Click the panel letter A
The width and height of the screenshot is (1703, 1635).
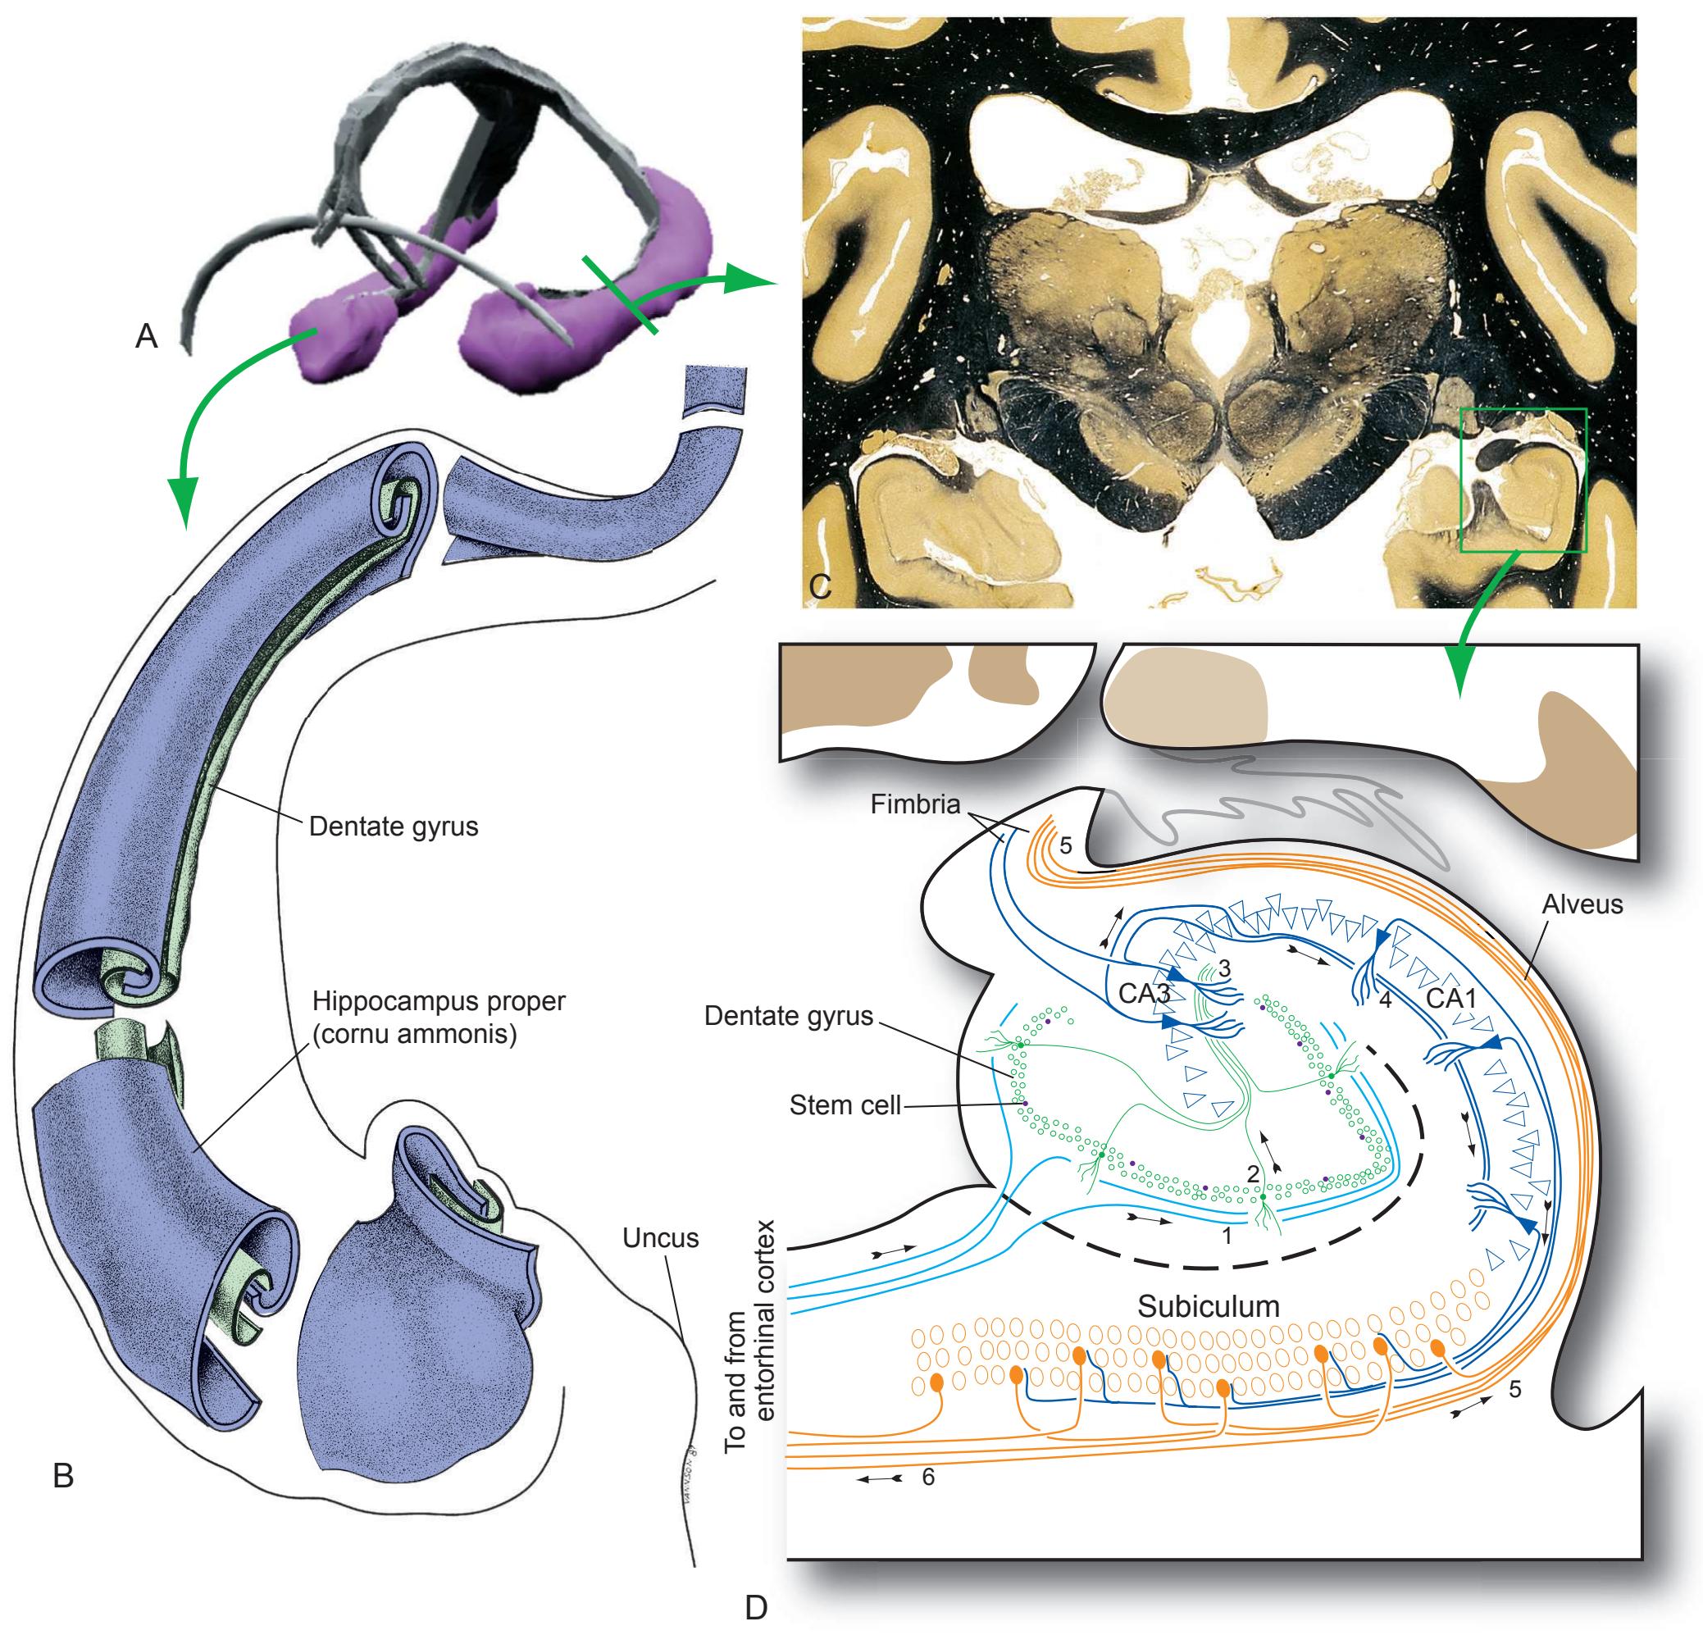[146, 336]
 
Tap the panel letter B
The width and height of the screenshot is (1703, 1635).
[62, 1475]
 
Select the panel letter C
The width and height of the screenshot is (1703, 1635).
[819, 586]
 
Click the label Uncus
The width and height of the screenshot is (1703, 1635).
[660, 1237]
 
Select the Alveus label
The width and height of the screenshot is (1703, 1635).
[1582, 904]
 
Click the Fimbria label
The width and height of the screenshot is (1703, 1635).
[915, 804]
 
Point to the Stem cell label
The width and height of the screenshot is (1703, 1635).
[845, 1106]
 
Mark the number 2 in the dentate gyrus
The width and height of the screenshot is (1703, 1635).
[1253, 1173]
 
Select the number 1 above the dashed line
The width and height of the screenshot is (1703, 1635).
[1227, 1235]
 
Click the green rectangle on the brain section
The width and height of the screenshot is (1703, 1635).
[1524, 479]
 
